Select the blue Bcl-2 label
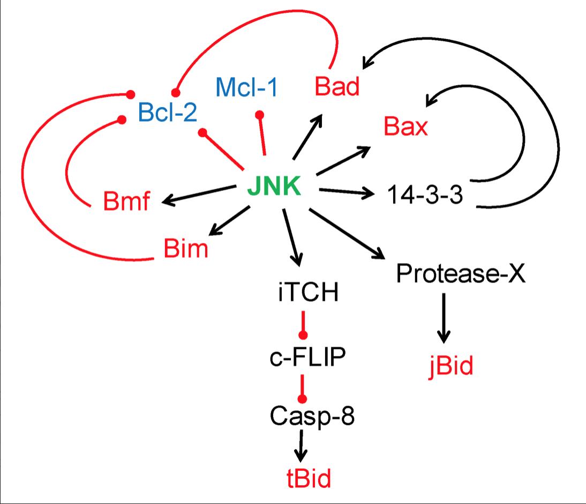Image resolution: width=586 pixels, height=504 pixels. click(x=167, y=113)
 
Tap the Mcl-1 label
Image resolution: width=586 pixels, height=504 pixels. click(x=247, y=87)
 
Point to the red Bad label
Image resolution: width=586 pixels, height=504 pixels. click(x=337, y=86)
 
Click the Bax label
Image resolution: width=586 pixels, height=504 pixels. click(x=405, y=128)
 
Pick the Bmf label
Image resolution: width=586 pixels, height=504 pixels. click(x=126, y=203)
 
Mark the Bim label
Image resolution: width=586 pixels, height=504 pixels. click(x=185, y=249)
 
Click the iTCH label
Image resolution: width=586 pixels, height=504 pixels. click(x=308, y=293)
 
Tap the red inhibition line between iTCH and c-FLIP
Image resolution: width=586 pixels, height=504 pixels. click(x=303, y=323)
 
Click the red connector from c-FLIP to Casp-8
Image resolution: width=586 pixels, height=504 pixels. click(x=303, y=387)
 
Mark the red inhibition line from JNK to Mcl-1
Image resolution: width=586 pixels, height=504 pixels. click(x=262, y=135)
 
